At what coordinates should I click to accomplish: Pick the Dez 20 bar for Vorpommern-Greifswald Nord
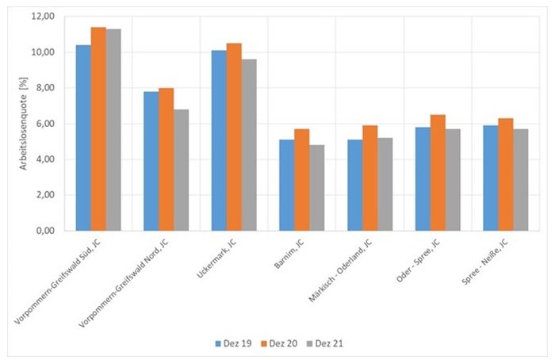click(166, 159)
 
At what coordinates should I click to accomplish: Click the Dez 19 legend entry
click(231, 343)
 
